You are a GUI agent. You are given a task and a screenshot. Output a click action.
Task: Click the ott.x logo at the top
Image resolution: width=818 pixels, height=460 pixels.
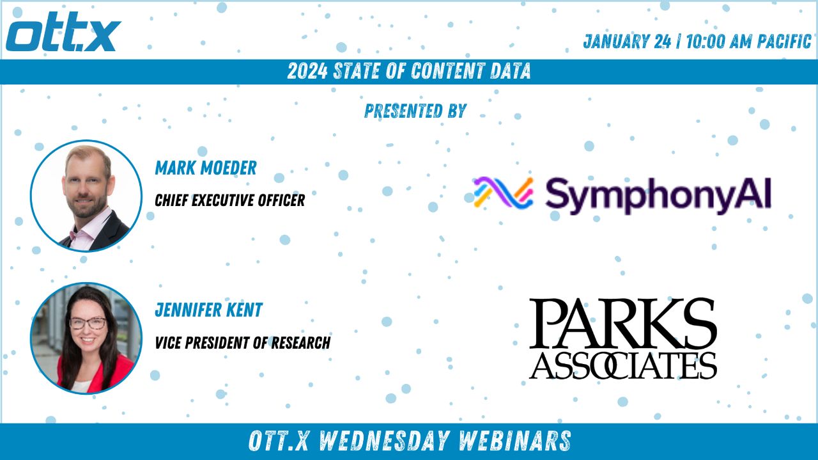(63, 31)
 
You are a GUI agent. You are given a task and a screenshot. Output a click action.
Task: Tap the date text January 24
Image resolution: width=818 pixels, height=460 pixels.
(627, 42)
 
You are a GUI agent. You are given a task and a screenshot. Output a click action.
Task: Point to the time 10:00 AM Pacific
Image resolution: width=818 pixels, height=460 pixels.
(748, 42)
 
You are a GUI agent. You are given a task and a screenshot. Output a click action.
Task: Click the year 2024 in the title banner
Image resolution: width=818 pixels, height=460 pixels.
(307, 71)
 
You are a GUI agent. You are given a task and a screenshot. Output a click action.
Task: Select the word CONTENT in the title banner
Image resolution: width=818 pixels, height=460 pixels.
(444, 71)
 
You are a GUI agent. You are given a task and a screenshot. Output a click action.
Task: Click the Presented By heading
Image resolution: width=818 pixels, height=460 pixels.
(415, 111)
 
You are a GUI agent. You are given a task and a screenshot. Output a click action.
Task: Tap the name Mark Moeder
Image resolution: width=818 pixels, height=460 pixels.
(206, 168)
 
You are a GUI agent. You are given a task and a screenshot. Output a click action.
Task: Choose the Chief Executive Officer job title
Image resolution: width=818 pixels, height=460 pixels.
(229, 200)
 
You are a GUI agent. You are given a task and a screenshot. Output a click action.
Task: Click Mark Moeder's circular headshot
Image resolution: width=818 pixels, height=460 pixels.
(86, 196)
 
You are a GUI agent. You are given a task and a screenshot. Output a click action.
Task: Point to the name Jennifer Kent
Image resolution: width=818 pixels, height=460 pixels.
(208, 310)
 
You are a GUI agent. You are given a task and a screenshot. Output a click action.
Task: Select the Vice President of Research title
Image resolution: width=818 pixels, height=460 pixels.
(242, 343)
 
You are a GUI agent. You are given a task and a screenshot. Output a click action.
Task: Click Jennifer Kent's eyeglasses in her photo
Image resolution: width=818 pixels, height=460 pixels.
(88, 323)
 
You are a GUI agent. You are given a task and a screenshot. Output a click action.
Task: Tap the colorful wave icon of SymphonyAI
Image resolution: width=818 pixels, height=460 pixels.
(503, 193)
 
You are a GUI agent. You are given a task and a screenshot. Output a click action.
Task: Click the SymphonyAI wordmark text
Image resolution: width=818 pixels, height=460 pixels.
(658, 195)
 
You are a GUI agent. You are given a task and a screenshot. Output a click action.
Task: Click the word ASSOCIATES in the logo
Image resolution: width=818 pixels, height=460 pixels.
(622, 365)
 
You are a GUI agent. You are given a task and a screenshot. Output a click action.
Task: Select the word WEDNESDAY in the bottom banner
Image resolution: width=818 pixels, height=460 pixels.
(383, 441)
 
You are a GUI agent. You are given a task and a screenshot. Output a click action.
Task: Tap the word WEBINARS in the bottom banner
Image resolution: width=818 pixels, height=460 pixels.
(514, 441)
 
